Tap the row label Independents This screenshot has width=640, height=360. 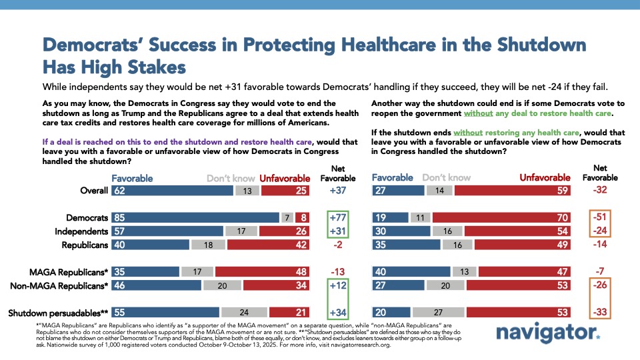(x=83, y=231)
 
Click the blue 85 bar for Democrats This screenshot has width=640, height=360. (x=194, y=217)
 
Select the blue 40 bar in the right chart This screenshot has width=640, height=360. (x=410, y=272)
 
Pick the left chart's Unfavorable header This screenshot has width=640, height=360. (x=285, y=178)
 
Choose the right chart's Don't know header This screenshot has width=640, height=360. (x=446, y=178)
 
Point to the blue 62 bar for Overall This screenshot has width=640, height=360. (x=171, y=191)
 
